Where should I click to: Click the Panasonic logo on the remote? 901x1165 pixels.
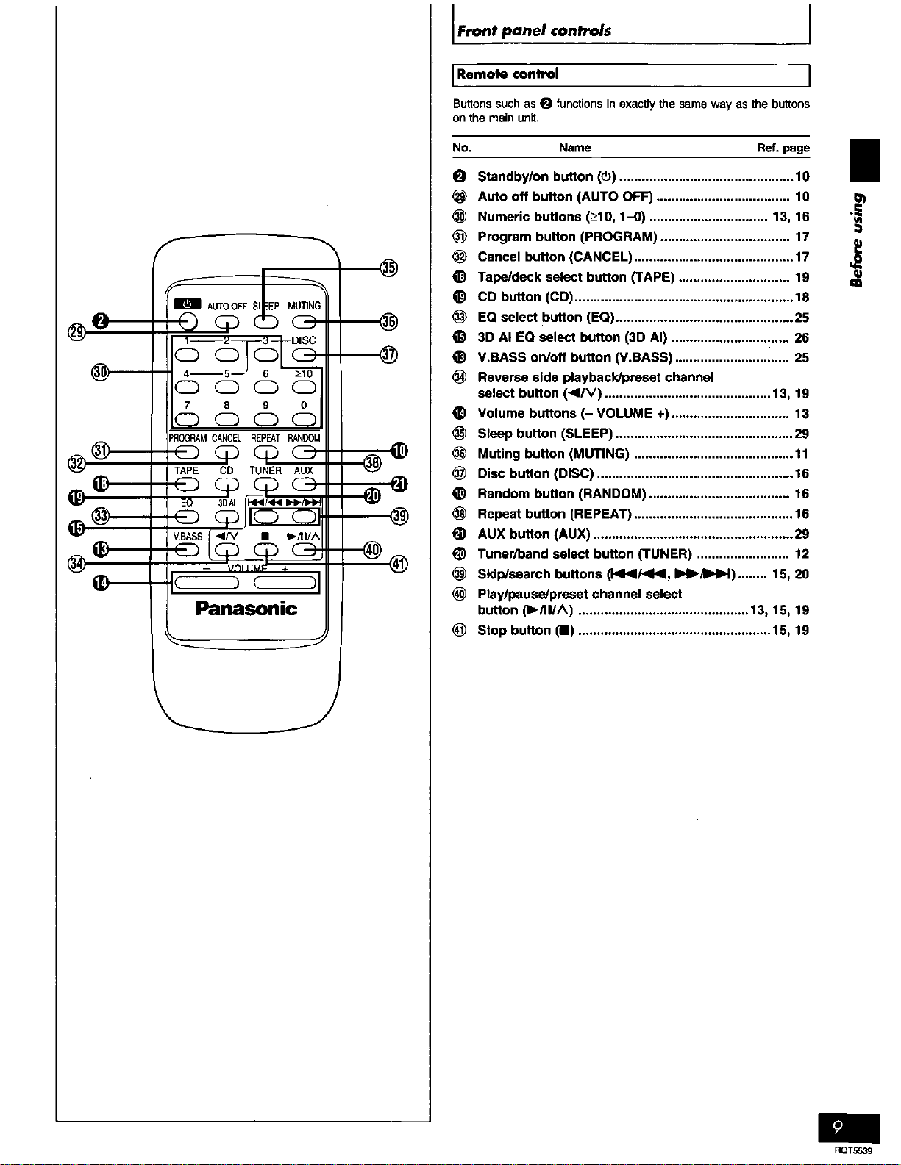(246, 609)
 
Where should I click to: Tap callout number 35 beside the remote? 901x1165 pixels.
(389, 268)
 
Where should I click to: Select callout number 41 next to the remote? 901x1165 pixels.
(399, 564)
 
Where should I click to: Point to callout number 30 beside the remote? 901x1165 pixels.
(100, 371)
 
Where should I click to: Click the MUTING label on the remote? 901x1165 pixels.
(304, 306)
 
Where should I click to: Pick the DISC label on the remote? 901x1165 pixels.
(304, 340)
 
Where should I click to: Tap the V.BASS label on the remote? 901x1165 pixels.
(188, 536)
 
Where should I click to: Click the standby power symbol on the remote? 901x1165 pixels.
(187, 304)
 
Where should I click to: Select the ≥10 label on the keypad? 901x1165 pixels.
(304, 373)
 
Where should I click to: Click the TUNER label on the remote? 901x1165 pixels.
(266, 470)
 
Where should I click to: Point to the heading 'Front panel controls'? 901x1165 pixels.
(534, 31)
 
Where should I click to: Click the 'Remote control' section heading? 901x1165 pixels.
(508, 74)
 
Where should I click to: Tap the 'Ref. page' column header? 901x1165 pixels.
(783, 148)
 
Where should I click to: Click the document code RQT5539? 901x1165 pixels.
(852, 1150)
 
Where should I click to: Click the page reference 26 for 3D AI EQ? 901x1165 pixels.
(801, 338)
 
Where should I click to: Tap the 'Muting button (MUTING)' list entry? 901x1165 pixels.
(553, 454)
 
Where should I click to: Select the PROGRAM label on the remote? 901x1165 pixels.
(188, 438)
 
